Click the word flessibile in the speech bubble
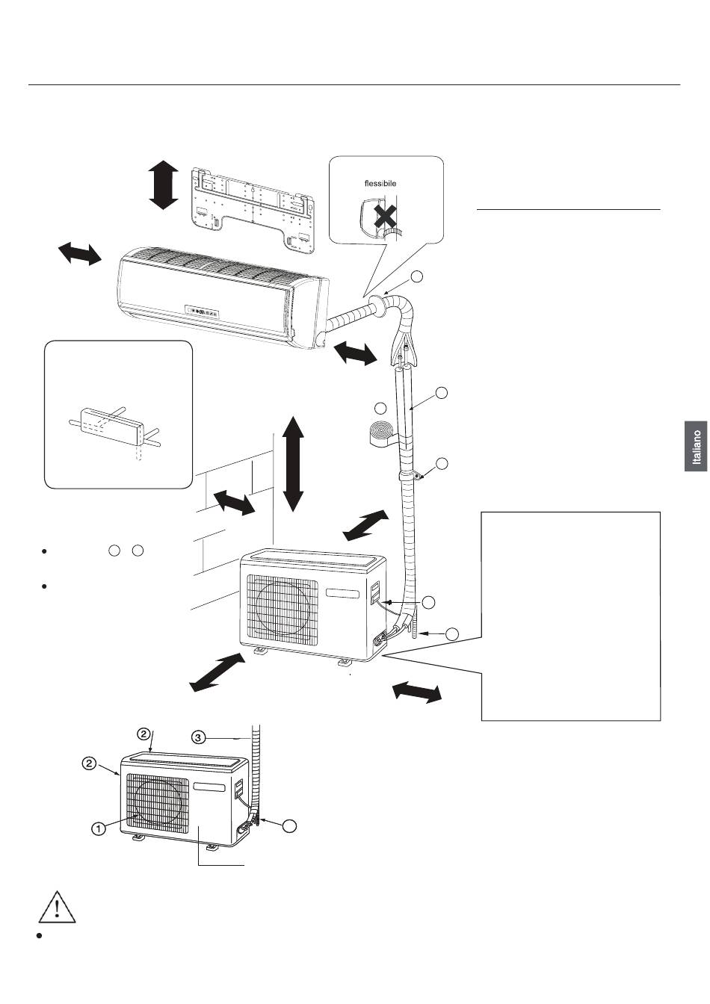point(380,183)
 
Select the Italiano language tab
point(696,447)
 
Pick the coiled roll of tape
point(380,434)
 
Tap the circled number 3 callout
point(198,737)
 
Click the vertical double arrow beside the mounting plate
point(163,185)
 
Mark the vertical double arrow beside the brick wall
point(294,464)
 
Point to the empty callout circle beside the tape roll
point(380,409)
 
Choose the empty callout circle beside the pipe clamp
point(442,463)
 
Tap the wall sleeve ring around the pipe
point(379,305)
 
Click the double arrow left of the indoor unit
point(80,253)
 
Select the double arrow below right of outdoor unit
point(417,692)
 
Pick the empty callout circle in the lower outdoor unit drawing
point(290,825)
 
